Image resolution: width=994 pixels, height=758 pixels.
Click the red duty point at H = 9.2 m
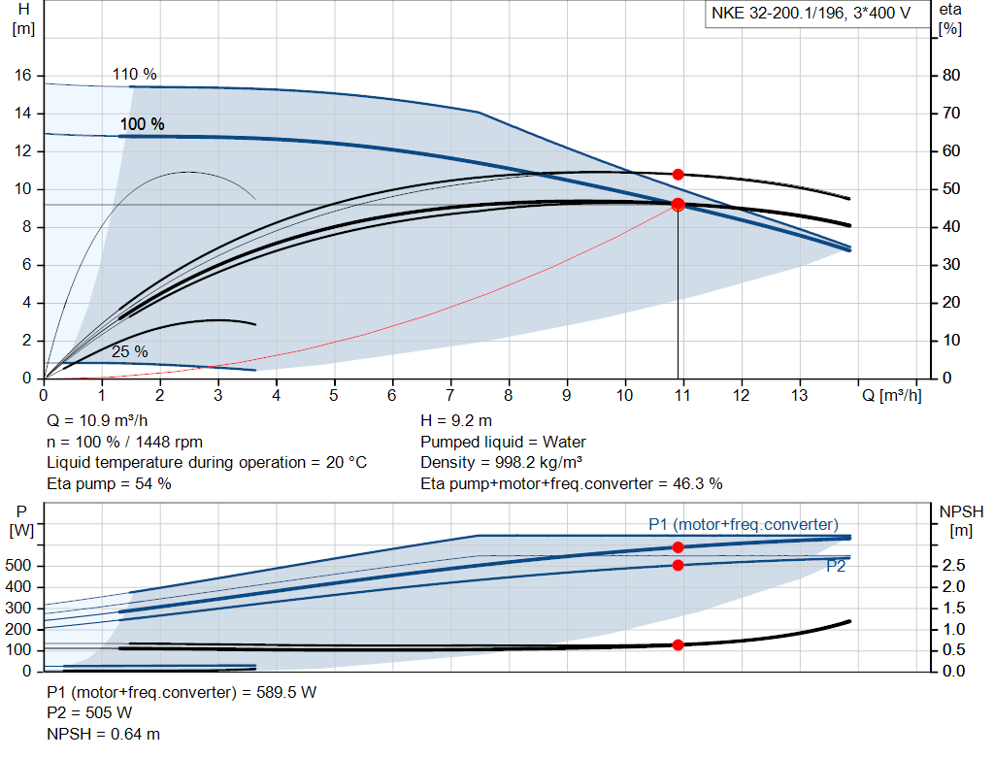pos(678,205)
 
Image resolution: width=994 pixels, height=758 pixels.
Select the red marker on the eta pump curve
pos(678,175)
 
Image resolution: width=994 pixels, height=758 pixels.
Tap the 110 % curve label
pos(134,75)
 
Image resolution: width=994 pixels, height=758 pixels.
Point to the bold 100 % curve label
pos(142,124)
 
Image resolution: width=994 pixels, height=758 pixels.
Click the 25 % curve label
pos(129,351)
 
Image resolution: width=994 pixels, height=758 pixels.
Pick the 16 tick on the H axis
pos(23,76)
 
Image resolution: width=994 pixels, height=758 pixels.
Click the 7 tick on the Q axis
pos(450,396)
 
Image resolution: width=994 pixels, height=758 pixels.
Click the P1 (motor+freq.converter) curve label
pos(744,525)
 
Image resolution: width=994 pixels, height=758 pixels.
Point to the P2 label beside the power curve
pos(836,567)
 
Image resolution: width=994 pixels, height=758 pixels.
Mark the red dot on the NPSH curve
pos(678,644)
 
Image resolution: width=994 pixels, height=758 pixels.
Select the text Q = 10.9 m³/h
pos(97,421)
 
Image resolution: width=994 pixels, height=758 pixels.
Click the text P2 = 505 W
pos(89,713)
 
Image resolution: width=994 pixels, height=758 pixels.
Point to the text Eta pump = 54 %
pos(109,483)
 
